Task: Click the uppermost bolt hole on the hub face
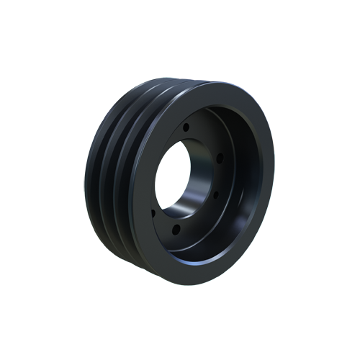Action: (x=186, y=127)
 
